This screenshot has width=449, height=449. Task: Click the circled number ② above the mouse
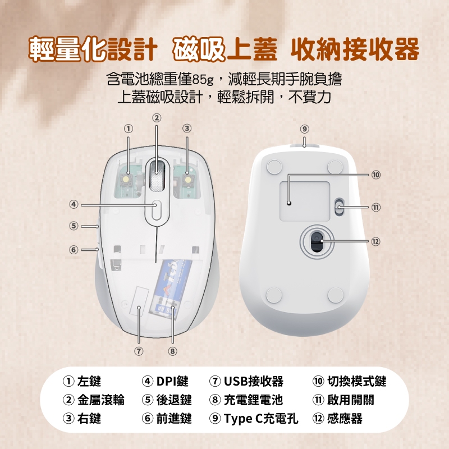(157, 118)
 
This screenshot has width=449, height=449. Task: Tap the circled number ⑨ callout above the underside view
(304, 129)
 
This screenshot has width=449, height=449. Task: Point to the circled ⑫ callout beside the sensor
(375, 241)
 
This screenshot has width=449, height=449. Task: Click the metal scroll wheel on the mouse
(157, 175)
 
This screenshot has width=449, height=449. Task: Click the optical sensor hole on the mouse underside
(317, 241)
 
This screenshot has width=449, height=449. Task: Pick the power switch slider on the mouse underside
(339, 207)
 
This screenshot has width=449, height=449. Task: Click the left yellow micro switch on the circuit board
(125, 180)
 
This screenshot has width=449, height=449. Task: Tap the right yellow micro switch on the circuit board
(188, 180)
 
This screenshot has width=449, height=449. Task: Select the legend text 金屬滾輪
(101, 400)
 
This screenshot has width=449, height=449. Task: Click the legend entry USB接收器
(254, 381)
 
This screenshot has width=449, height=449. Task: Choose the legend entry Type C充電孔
(261, 418)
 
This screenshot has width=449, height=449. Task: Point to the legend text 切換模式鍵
(357, 381)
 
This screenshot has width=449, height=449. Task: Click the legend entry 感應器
(345, 418)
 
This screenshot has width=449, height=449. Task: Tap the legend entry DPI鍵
(172, 381)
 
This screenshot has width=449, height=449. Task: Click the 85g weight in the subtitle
(203, 80)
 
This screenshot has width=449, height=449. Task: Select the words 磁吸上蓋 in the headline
(225, 49)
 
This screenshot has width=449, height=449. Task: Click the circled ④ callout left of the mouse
(74, 205)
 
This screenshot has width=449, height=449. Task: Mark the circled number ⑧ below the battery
(172, 351)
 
